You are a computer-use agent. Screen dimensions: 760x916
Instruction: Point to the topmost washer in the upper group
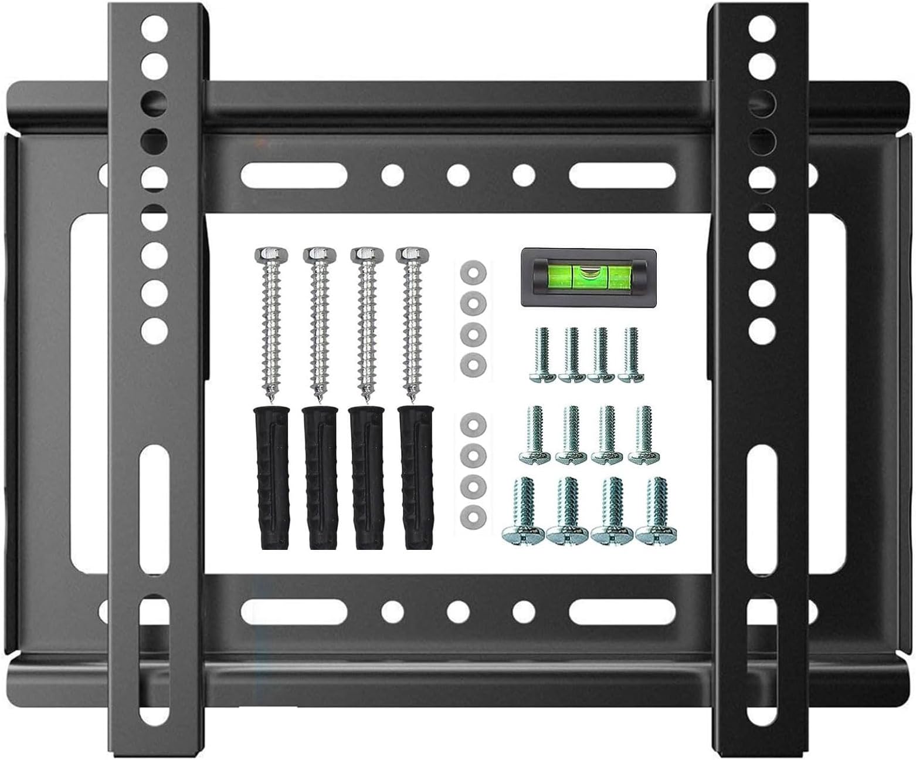pos(473,272)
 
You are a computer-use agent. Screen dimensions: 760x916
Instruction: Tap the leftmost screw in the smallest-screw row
pos(542,355)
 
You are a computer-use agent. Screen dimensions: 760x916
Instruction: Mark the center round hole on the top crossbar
pos(458,174)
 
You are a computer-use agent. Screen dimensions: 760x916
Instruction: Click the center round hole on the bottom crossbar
pos(458,610)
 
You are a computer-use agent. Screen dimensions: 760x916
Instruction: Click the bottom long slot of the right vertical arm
pos(762,663)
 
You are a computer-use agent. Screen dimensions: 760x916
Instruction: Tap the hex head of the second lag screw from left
pos(317,254)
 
